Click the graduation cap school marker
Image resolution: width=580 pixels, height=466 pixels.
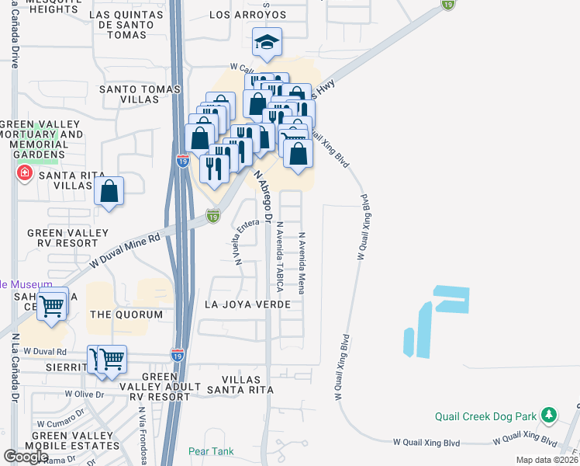click(268, 43)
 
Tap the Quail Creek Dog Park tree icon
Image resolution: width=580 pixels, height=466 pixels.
click(550, 415)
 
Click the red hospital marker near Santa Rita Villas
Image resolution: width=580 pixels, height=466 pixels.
click(25, 172)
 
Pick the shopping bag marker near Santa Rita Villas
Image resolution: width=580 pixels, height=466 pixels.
click(109, 191)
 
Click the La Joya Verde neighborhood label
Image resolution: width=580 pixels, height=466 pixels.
click(247, 304)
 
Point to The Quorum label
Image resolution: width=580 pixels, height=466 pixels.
click(126, 315)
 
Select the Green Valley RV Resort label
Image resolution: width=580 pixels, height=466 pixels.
click(68, 238)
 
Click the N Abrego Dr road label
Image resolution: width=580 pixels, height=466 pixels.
click(264, 186)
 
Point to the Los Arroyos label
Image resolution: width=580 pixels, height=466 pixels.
click(248, 15)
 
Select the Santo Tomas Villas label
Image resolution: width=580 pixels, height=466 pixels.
click(140, 95)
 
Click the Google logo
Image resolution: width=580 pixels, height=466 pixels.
click(26, 457)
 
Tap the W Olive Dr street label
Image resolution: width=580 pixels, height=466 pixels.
click(84, 394)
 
